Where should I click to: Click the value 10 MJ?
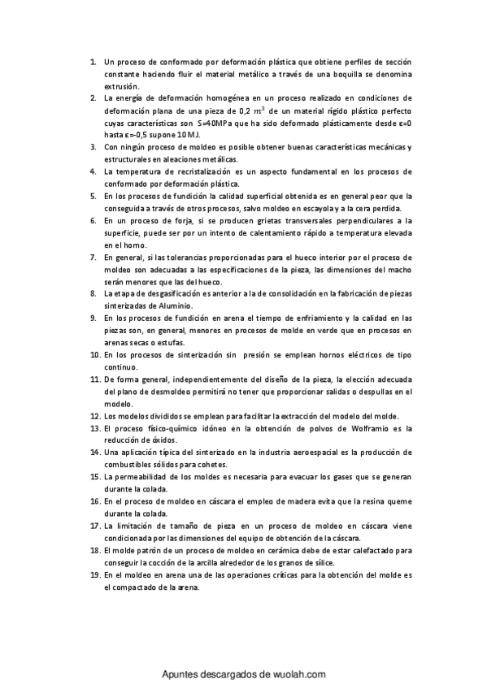click(x=186, y=134)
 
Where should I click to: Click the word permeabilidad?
click(x=145, y=476)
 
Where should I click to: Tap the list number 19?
click(x=94, y=574)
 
